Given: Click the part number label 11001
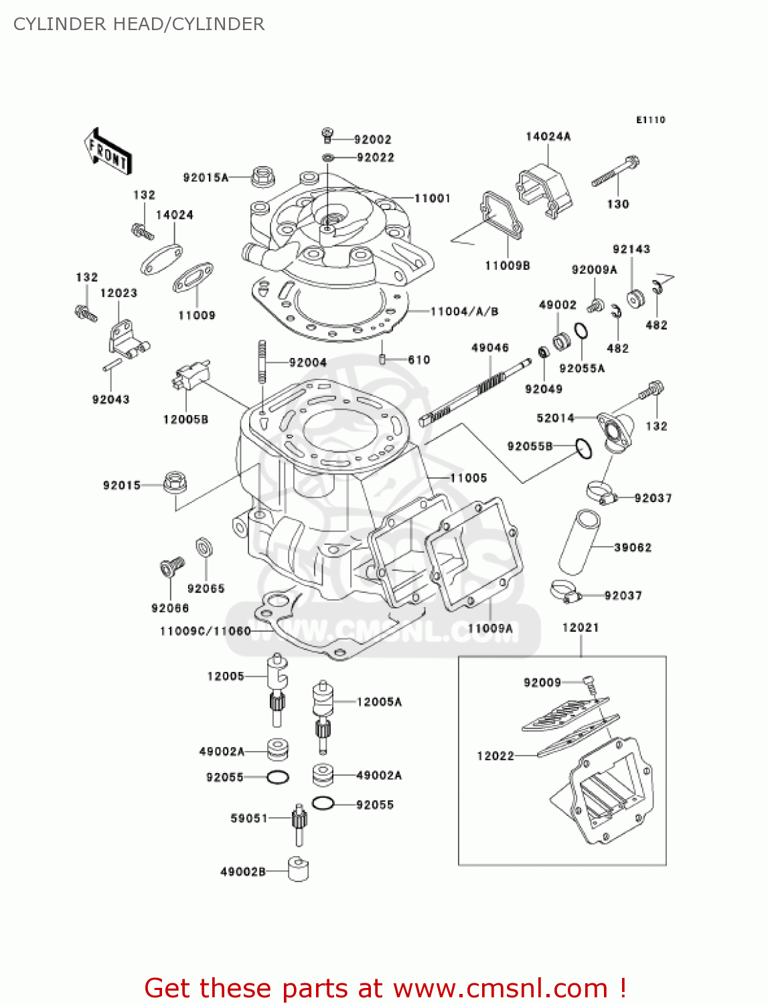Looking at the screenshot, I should click(432, 198).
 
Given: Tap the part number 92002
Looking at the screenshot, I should click(372, 139).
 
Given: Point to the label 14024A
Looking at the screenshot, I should click(548, 137).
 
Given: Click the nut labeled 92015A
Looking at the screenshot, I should click(263, 177).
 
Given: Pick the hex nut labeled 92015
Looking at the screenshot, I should click(175, 483).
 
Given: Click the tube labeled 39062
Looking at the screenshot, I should click(579, 541).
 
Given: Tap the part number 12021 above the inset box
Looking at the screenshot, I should click(580, 627).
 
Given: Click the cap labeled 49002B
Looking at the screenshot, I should click(298, 869).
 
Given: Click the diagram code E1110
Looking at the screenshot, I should click(650, 120).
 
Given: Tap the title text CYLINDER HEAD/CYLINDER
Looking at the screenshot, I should click(139, 24).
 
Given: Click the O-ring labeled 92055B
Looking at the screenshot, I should click(584, 448).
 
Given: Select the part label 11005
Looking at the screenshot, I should click(468, 478).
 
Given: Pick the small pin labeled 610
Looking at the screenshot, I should click(382, 359).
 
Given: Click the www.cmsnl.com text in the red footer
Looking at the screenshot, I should click(500, 988).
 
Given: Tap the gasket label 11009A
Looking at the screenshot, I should click(490, 629).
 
